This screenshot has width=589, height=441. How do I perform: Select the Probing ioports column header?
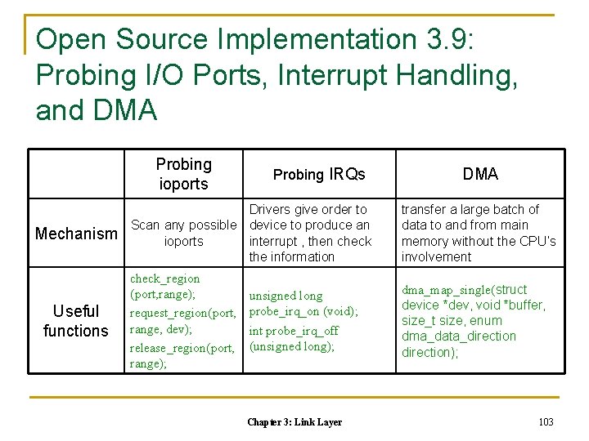[x=183, y=174]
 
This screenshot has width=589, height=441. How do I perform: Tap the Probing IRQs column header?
[x=319, y=174]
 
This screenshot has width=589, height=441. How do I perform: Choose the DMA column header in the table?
[x=480, y=174]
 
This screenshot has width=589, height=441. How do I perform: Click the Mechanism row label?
[x=76, y=234]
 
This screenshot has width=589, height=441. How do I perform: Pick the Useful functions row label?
[x=75, y=321]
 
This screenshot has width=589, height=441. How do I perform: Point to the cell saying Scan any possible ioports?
[x=183, y=233]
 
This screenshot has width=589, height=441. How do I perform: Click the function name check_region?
[x=164, y=278]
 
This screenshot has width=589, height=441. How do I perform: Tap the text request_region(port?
[x=182, y=313]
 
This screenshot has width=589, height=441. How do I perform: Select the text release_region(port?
[x=182, y=348]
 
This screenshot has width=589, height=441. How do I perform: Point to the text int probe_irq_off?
[x=294, y=331]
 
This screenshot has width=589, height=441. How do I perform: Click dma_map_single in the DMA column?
[x=447, y=290]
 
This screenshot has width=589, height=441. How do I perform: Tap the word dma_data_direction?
[x=458, y=336]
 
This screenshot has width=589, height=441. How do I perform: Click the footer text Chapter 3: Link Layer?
[x=294, y=422]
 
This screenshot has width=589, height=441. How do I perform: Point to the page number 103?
[x=546, y=421]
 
